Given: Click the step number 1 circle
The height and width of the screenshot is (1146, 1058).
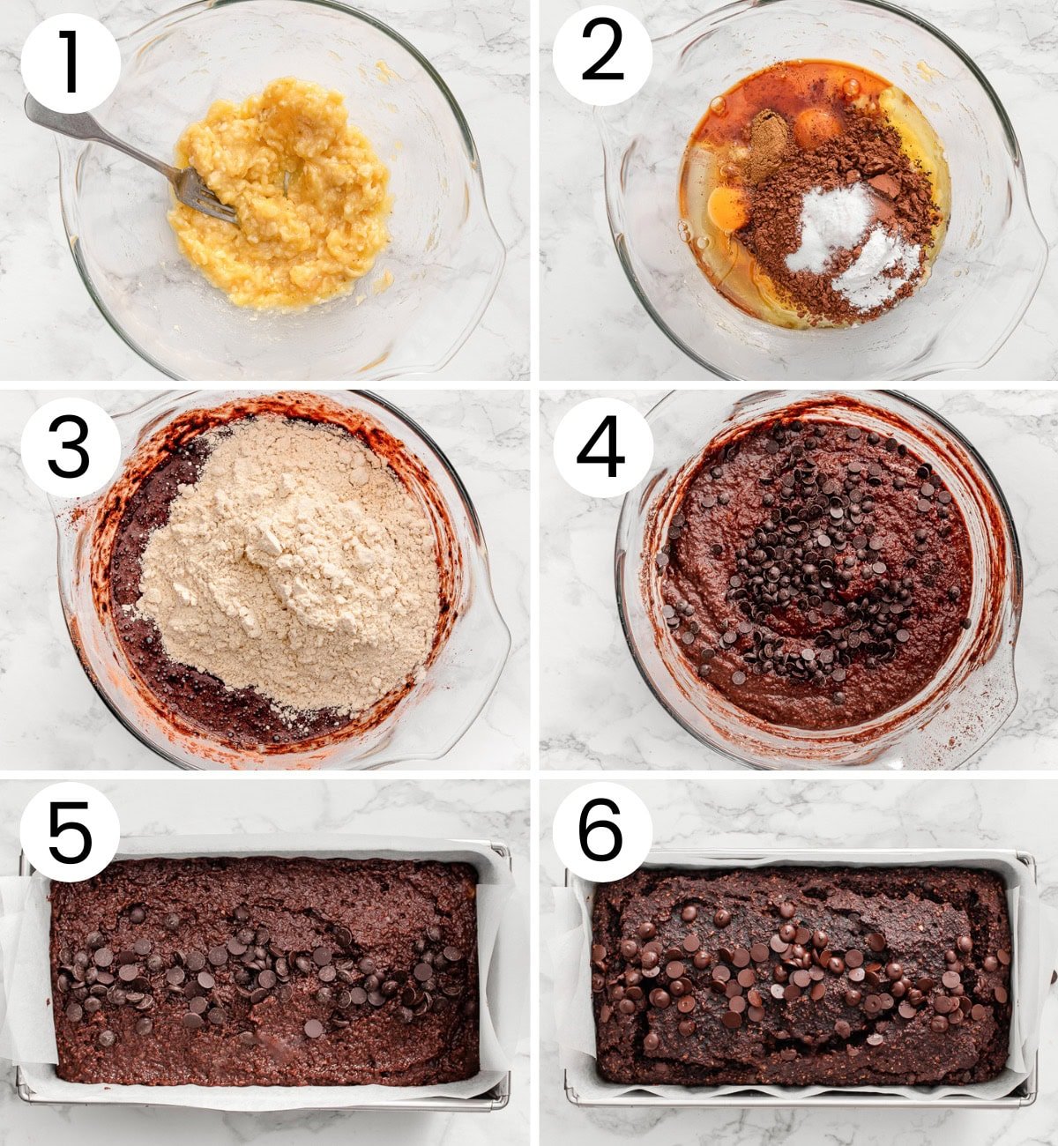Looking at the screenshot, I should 70,63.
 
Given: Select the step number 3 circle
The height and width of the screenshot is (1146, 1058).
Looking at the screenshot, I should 70,448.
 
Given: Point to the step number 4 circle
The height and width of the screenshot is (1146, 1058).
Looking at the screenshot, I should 602,448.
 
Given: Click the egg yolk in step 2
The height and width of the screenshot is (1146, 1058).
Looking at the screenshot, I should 728,208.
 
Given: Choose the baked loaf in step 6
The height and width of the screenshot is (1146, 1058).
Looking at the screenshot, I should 802,979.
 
